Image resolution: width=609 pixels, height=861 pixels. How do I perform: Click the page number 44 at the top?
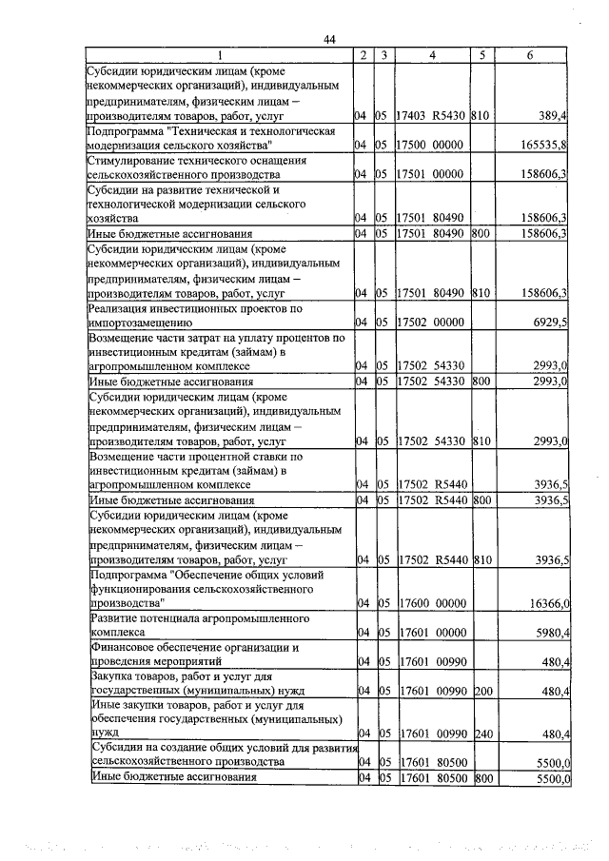click(x=329, y=39)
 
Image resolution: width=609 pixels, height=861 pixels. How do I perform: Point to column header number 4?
click(x=431, y=55)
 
